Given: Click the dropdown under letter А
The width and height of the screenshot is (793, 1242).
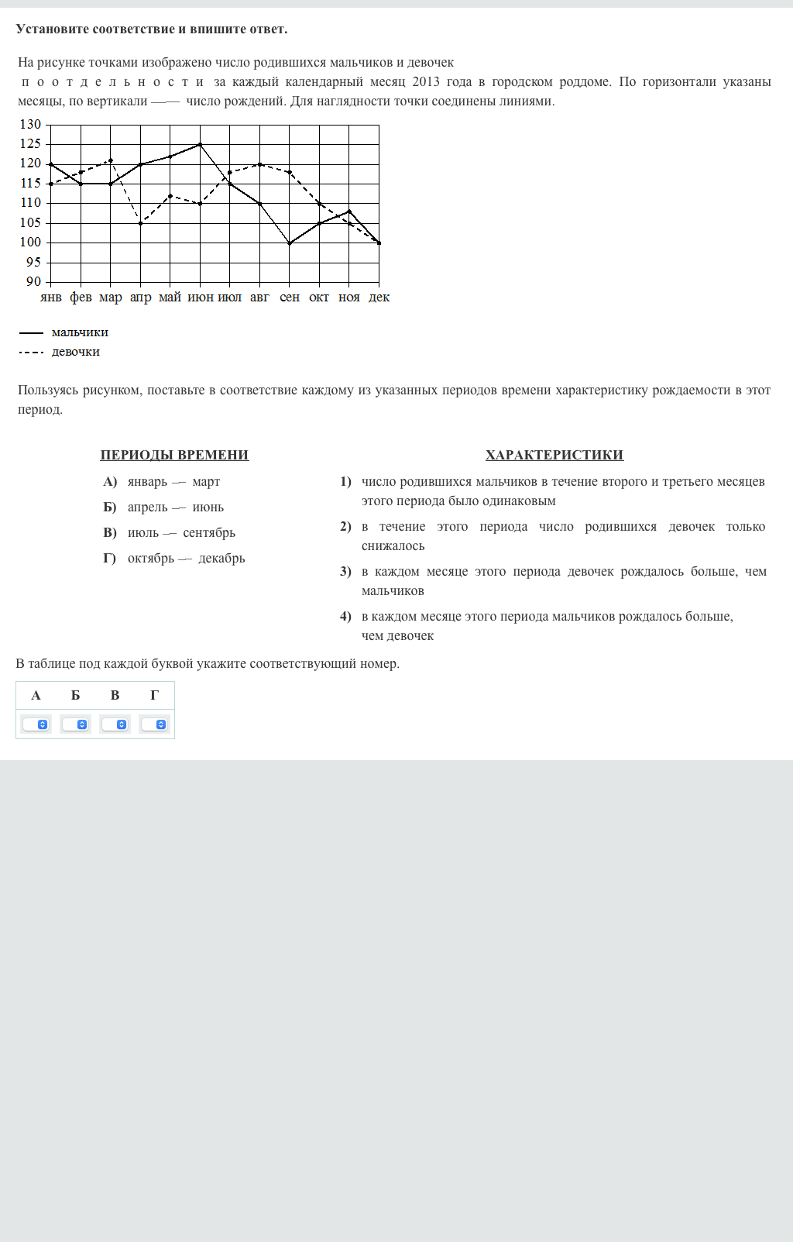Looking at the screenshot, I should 36,724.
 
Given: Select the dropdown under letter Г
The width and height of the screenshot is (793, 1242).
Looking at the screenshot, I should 154,724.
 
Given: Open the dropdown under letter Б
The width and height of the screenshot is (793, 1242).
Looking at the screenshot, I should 75,724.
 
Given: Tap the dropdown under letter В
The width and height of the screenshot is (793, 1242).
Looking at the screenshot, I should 115,724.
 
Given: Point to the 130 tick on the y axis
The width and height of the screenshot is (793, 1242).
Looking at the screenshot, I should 31,125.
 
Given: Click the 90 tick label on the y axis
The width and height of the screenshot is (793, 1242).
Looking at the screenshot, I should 33,282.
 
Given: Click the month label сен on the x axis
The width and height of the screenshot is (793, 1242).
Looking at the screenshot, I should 290,298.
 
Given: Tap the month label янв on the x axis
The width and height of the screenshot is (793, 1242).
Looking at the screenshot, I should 50,298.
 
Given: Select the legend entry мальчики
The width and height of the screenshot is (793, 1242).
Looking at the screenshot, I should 80,332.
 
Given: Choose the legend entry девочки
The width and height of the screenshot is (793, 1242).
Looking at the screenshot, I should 76,352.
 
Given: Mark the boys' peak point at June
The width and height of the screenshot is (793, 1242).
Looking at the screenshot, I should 200,144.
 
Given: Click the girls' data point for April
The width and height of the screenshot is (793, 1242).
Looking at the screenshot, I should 140,223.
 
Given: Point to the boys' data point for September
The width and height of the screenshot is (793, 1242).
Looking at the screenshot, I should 290,243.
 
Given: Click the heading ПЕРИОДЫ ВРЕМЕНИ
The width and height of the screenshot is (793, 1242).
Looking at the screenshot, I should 174,455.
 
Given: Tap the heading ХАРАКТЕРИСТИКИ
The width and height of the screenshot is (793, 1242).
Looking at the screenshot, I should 554,455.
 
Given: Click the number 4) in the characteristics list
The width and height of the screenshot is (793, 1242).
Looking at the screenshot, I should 345,617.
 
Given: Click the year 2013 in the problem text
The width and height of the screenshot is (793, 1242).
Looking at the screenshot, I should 426,82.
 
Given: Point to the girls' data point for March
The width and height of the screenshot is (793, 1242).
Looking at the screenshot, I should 111,160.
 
